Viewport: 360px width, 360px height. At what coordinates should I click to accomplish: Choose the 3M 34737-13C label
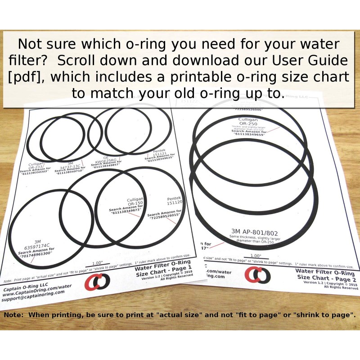coord(68,167)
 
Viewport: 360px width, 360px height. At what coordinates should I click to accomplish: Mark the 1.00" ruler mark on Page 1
coord(97,263)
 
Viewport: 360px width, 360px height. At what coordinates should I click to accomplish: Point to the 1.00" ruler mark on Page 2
coord(255,256)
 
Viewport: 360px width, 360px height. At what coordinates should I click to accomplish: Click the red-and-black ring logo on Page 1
coord(97,282)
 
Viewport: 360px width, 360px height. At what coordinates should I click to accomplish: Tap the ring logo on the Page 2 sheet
coord(257,274)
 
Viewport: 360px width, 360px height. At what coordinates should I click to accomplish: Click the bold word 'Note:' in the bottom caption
coord(15,315)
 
